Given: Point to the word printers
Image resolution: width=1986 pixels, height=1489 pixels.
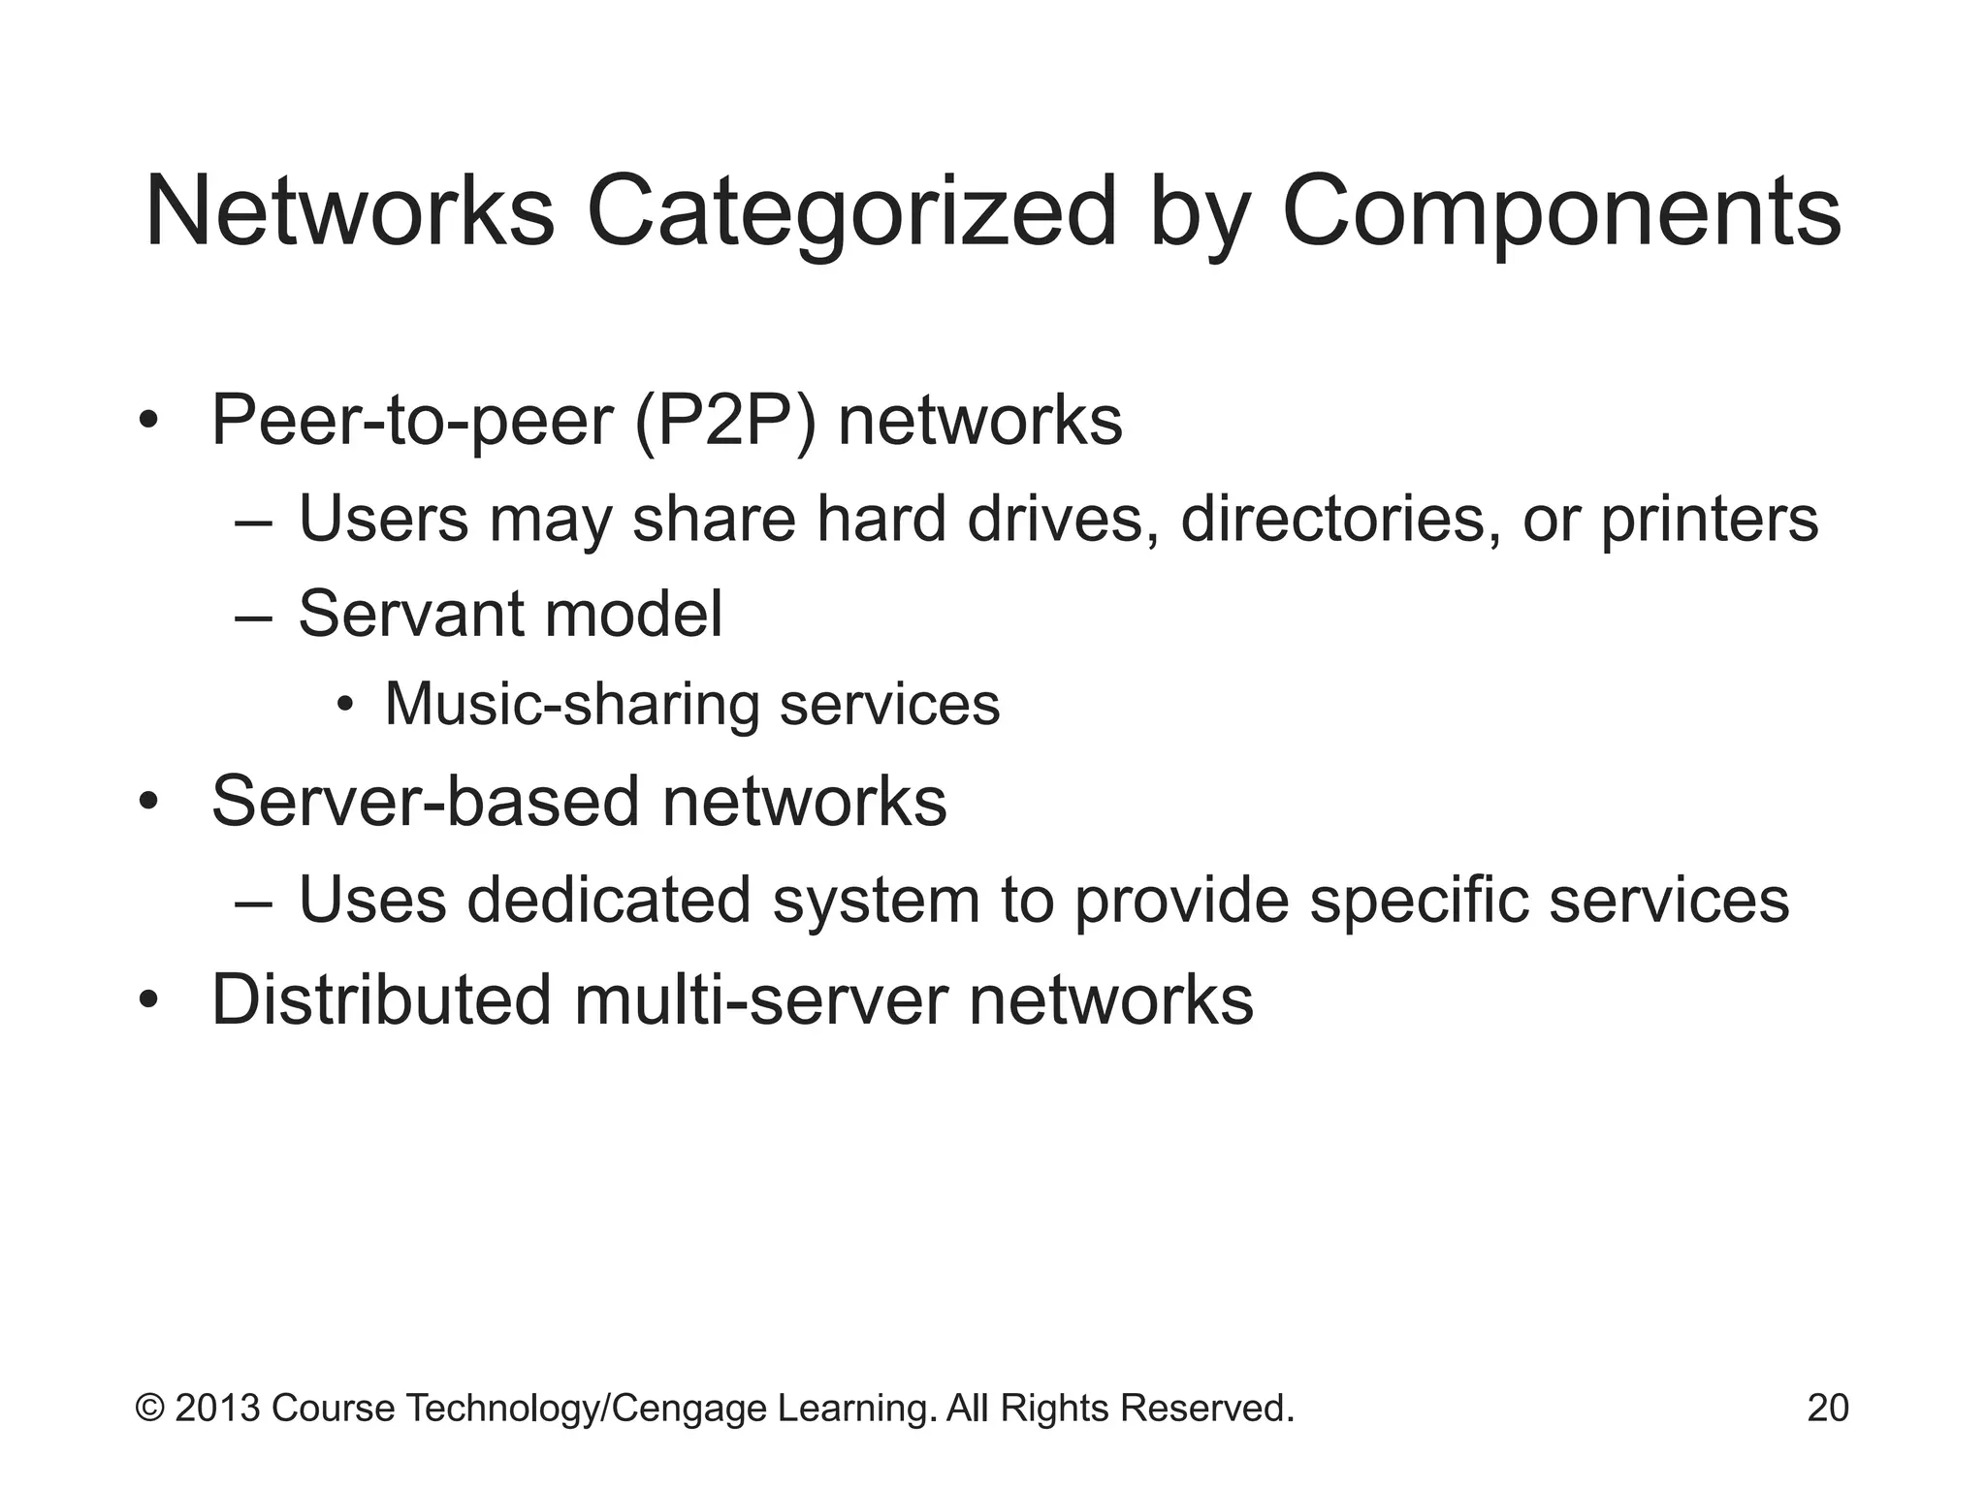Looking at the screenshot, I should [x=1709, y=519].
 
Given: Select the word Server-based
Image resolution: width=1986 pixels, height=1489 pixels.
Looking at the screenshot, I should [x=425, y=802].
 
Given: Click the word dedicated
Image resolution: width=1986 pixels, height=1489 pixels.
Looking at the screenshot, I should [x=609, y=900].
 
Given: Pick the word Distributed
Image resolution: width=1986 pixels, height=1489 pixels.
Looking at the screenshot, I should [x=381, y=999].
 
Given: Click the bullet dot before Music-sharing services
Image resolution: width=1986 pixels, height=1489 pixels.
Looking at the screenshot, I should [x=345, y=706].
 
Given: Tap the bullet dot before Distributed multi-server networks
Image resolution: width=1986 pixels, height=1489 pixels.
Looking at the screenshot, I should [x=147, y=1000].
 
